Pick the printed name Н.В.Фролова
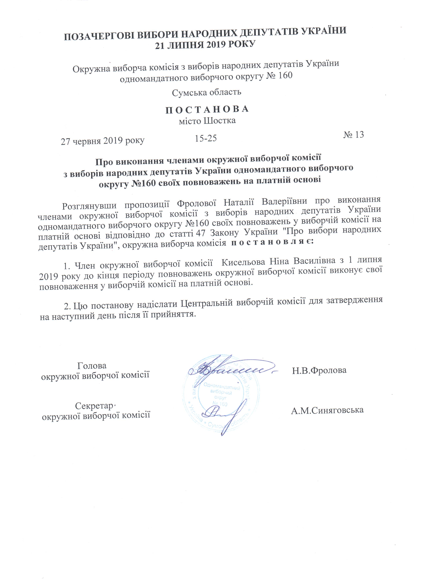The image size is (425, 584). tap(319, 371)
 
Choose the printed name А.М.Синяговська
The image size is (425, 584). tap(327, 410)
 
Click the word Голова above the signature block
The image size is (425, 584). tap(92, 366)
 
